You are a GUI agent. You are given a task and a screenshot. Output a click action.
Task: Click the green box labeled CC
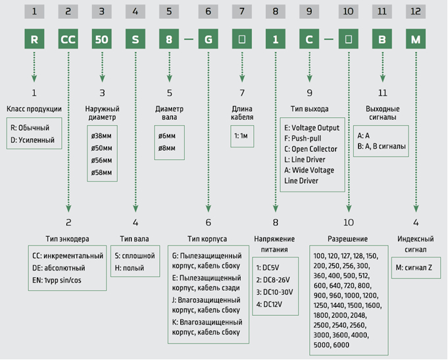coord(68,39)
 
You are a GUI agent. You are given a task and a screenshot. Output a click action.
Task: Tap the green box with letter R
coord(34,39)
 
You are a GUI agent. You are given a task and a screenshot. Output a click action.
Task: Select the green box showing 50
coord(102,39)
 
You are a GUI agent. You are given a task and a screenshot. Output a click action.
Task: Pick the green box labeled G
coord(209,39)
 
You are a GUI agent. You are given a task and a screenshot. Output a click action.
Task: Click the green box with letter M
coord(416,39)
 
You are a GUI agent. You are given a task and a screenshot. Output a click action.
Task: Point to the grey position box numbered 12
coord(416,11)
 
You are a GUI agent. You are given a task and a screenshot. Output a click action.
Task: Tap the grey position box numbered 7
coord(242,11)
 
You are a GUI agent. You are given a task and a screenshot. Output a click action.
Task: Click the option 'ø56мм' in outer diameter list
coord(102,161)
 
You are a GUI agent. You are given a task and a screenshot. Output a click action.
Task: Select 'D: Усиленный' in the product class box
coord(33,140)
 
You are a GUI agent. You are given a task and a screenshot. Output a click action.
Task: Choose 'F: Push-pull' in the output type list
coord(303,138)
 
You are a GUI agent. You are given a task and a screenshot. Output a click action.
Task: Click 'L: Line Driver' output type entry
coord(305,159)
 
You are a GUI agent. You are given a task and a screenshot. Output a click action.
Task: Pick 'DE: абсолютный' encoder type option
coord(59,268)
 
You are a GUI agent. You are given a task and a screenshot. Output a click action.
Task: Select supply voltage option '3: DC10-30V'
coord(274,292)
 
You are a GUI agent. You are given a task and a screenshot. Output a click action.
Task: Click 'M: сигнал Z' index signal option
coord(414,268)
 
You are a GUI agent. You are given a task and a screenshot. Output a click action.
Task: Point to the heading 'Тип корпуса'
coord(207,239)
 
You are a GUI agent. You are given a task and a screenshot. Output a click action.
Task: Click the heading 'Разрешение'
coord(348,239)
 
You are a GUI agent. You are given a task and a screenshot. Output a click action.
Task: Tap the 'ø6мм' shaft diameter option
coord(167,136)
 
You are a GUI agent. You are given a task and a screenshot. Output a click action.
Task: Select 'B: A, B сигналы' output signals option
coord(382,146)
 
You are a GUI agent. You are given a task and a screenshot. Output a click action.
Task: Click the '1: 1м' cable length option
coord(241,136)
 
